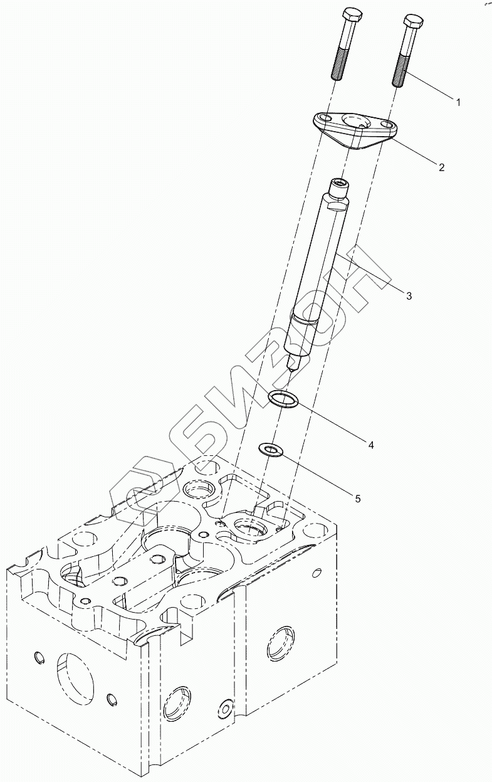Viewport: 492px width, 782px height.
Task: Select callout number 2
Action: (x=441, y=167)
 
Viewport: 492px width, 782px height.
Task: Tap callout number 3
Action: (x=408, y=295)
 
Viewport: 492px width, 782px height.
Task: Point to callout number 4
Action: (x=371, y=445)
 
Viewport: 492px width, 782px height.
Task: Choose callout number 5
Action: (x=357, y=499)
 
